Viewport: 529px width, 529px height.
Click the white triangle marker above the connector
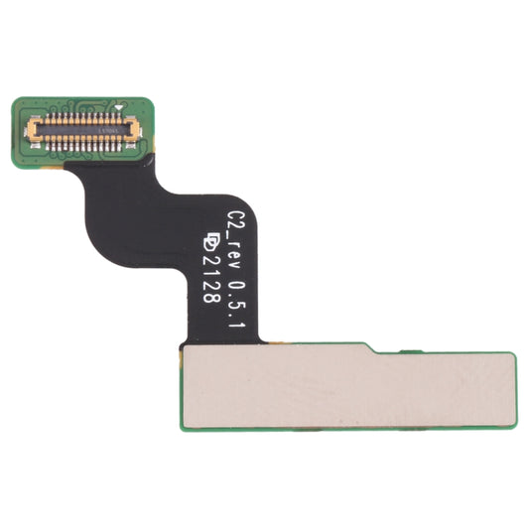point(118,105)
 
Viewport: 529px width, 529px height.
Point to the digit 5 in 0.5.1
point(236,299)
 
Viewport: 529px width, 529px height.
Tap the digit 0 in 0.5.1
point(236,281)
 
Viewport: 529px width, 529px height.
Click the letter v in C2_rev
point(236,259)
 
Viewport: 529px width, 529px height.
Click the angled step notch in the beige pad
point(369,348)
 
